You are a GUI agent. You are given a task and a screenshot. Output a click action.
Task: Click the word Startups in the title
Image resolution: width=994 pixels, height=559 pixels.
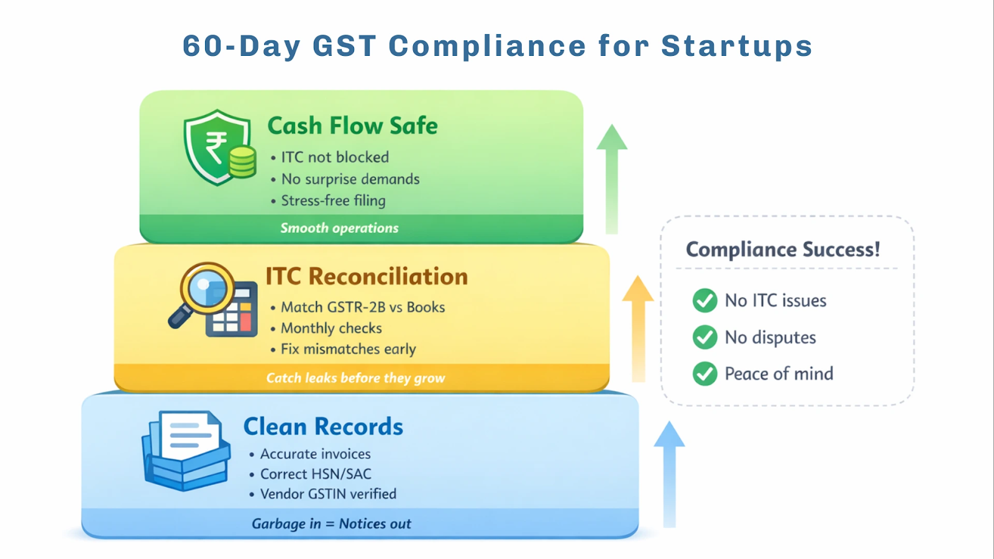[x=736, y=47]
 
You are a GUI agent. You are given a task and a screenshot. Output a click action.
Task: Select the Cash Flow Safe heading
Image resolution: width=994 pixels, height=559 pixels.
[x=352, y=126]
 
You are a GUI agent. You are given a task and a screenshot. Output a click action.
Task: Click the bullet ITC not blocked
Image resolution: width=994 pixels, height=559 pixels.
[x=335, y=158]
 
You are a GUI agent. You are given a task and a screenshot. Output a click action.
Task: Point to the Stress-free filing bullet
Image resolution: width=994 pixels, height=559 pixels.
[x=333, y=201]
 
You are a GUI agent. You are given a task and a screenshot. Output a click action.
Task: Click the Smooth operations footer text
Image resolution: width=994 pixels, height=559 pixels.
[x=339, y=228]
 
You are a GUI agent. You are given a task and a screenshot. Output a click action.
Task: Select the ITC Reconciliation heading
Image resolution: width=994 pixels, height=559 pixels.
[x=367, y=276]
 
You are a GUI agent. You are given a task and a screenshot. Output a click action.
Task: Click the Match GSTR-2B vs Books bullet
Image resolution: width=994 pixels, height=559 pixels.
[x=363, y=307]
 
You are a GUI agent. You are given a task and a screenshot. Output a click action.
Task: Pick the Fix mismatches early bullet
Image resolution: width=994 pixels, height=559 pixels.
[x=348, y=349]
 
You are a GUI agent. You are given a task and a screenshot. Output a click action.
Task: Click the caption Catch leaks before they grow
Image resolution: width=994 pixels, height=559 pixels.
[x=355, y=378]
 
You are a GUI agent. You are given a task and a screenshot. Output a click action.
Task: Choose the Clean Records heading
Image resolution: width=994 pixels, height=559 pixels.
[x=323, y=427]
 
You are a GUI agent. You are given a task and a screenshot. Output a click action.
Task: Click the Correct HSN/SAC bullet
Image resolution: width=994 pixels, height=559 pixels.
[x=316, y=474]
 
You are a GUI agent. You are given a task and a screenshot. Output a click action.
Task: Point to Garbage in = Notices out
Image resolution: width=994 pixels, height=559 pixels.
[x=331, y=524]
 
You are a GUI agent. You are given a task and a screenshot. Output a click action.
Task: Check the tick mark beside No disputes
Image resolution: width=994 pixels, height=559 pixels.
[x=704, y=337]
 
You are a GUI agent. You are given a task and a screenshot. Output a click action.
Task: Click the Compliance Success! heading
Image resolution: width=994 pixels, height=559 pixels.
[x=783, y=250]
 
